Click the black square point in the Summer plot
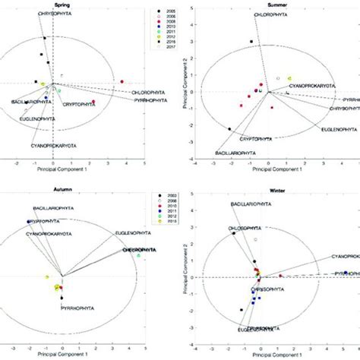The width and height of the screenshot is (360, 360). pyautogui.click(x=251, y=42)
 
